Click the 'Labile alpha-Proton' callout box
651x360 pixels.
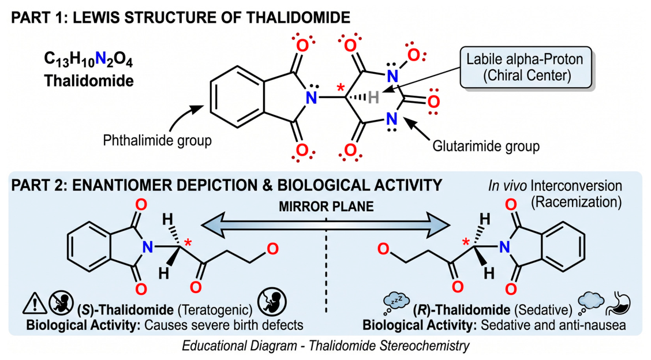tap(526, 67)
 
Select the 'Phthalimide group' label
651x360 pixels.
tap(158, 140)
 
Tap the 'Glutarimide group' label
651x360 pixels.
tap(486, 146)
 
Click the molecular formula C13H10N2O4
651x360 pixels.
tap(88, 59)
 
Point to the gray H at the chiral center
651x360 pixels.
tap(373, 97)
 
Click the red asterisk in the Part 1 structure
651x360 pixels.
tap(341, 88)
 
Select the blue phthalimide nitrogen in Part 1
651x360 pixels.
tap(312, 97)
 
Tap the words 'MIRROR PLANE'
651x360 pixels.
tap(326, 207)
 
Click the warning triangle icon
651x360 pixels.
tap(35, 303)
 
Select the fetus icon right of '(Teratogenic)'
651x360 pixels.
tap(272, 303)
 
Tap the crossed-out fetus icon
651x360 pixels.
tap(61, 303)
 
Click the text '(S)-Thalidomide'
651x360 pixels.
tap(125, 310)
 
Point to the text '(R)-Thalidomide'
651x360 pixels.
tap(462, 310)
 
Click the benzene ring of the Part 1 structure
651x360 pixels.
tap(237, 97)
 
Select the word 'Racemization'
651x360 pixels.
tap(577, 202)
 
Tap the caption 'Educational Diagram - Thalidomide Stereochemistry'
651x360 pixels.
tap(326, 346)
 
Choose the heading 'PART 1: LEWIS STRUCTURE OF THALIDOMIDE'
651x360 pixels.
tap(181, 17)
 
